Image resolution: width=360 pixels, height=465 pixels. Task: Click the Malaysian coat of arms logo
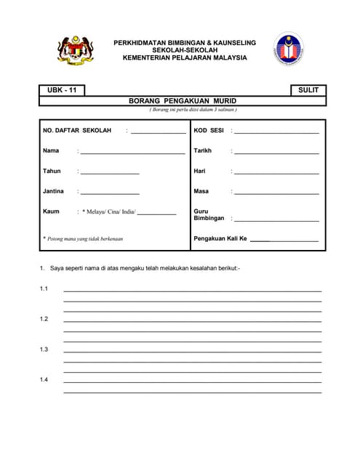coord(74,50)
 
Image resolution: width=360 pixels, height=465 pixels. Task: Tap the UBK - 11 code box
coord(62,90)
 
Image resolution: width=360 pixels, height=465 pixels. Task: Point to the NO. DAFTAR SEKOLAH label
coord(77,131)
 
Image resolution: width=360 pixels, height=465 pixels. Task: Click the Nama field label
coord(51,151)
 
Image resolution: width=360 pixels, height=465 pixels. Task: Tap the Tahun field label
coord(52,171)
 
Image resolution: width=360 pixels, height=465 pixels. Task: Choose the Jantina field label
coord(54,192)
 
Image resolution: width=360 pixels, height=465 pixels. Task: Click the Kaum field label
coord(51,211)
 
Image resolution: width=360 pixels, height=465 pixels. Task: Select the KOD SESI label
coord(209,131)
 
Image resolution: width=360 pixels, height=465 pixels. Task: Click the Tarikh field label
coord(203,151)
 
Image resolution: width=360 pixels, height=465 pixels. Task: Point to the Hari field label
coord(200,171)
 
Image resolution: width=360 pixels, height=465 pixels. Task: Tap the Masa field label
coord(201,192)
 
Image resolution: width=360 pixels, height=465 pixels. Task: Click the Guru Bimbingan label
coord(208,215)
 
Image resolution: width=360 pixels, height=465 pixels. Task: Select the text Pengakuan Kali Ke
coord(221,238)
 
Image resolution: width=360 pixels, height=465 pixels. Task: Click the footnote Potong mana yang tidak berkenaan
coord(84,238)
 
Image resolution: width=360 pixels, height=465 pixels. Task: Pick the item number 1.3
coord(44,350)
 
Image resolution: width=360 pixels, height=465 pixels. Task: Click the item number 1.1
coord(44,289)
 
